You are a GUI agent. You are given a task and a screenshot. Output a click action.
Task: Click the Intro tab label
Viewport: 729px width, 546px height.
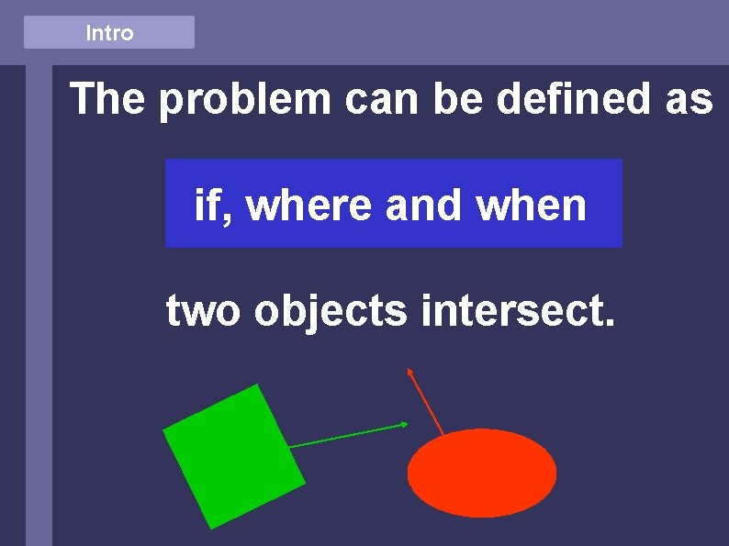point(109,33)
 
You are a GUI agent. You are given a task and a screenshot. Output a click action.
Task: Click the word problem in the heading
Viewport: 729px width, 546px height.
point(244,100)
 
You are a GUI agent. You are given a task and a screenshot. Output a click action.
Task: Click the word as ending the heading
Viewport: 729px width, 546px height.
point(689,99)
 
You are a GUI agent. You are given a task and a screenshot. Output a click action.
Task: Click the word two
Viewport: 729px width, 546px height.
point(204,311)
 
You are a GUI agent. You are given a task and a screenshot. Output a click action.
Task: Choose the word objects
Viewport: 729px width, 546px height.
point(331,313)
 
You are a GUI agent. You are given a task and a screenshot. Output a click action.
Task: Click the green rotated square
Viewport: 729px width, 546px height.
point(233,456)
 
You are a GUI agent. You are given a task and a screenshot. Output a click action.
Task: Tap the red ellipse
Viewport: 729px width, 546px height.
point(481,473)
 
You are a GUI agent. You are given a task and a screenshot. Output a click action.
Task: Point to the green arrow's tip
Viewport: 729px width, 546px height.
point(405,424)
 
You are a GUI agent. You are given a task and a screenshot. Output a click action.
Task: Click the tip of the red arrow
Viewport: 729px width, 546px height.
point(409,370)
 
